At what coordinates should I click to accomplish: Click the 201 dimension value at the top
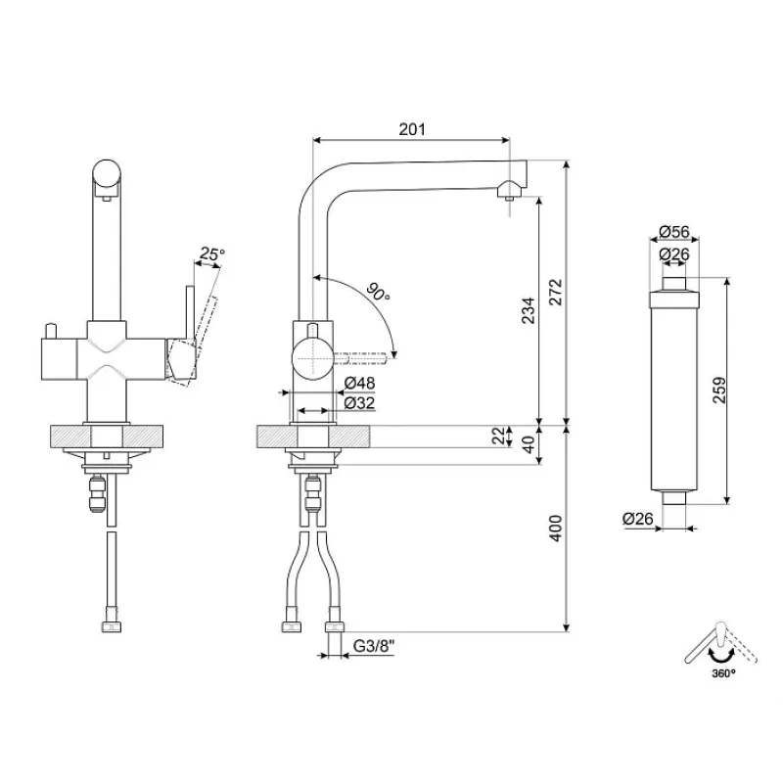[412, 129]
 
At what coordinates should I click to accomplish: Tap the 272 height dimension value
[555, 292]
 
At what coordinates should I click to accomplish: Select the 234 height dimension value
[528, 310]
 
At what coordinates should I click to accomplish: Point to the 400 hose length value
[555, 528]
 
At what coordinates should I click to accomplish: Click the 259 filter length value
[719, 390]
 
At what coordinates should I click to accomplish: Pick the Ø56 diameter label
[674, 232]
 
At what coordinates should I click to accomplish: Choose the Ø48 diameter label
[359, 383]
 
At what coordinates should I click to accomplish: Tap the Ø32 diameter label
[359, 403]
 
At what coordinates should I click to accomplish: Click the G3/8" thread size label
[374, 646]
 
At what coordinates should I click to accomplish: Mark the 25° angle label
[211, 253]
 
